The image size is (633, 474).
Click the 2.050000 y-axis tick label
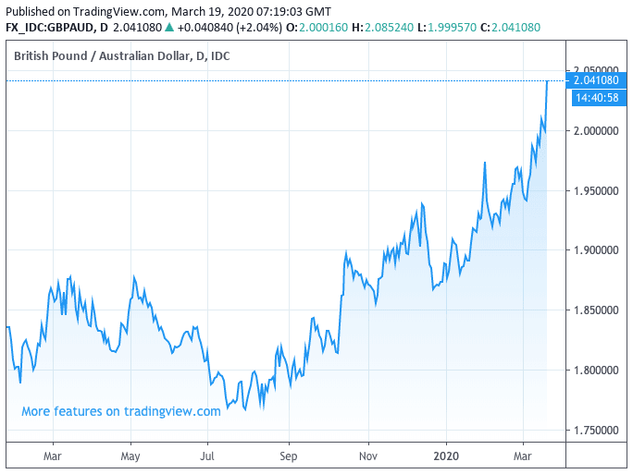click(x=596, y=70)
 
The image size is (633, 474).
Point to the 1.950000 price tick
click(x=596, y=190)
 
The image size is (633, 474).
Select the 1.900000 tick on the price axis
click(x=596, y=250)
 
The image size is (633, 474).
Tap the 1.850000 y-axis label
click(x=596, y=310)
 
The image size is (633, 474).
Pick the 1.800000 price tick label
click(x=596, y=371)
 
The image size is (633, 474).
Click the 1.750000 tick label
click(x=596, y=431)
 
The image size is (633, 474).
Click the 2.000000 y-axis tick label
click(x=596, y=130)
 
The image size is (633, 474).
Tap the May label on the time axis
click(x=130, y=456)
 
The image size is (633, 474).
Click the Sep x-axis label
click(x=289, y=456)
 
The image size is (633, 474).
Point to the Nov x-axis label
click(x=368, y=456)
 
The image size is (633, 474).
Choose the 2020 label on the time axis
click(x=446, y=456)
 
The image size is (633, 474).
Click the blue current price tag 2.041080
click(x=596, y=81)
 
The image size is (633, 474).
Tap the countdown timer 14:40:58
click(x=596, y=97)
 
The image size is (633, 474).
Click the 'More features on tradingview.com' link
click(x=121, y=411)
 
